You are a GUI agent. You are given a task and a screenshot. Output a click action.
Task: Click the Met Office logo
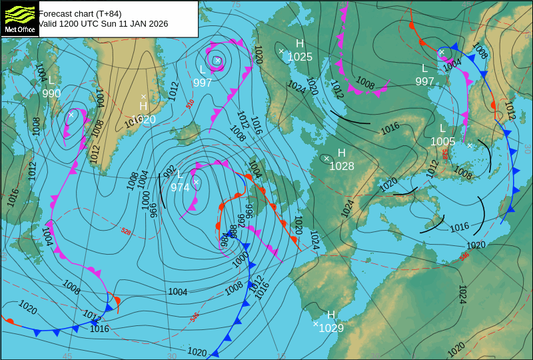[19, 18]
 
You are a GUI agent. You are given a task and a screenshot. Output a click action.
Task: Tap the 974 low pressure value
[180, 187]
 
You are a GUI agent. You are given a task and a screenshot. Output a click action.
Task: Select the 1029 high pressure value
[331, 327]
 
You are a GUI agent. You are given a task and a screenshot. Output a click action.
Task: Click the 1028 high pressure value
[342, 166]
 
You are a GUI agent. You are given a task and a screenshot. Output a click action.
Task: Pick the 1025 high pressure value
[300, 57]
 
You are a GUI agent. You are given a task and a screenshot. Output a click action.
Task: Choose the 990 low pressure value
[51, 93]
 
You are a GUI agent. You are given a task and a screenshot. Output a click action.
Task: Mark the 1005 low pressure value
[442, 141]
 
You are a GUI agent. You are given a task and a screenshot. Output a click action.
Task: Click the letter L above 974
[180, 175]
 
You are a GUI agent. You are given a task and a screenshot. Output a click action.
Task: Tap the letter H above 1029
[331, 315]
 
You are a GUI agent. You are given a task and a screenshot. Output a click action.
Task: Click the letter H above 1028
[342, 153]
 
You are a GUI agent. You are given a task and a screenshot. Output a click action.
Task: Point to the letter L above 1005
[442, 129]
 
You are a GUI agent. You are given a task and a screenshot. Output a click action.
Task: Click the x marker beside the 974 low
[196, 182]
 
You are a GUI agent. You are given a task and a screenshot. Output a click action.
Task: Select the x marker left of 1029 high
[316, 324]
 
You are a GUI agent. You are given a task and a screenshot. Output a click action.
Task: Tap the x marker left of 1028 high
[326, 159]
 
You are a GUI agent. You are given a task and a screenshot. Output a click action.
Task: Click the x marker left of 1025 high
[281, 51]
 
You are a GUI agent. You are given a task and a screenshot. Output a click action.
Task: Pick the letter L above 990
[51, 81]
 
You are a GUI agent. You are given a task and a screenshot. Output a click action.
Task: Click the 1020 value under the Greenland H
[143, 120]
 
